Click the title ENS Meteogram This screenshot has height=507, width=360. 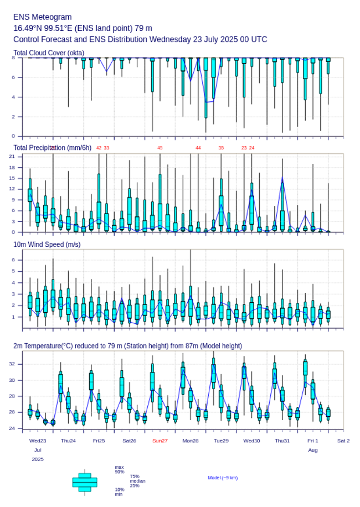tap(43, 17)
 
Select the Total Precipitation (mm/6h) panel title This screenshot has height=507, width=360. tap(53, 148)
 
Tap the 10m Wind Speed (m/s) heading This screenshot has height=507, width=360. tap(47, 244)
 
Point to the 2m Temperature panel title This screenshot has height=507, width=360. tap(127, 346)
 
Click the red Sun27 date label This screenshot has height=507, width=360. tap(160, 441)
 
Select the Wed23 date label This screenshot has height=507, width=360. tap(38, 441)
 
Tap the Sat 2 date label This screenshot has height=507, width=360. tap(343, 441)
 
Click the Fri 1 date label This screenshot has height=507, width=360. tap(313, 441)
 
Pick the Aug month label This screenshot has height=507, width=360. tap(313, 450)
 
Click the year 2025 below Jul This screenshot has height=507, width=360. tap(38, 459)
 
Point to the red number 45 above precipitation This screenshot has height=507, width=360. tap(160, 148)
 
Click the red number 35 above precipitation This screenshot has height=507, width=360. tap(221, 148)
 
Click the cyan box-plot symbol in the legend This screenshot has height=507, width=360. tap(85, 482)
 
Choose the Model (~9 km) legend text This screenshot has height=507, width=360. tap(223, 478)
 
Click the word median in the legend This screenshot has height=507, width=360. tap(137, 481)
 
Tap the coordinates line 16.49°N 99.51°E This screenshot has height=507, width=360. tap(83, 28)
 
